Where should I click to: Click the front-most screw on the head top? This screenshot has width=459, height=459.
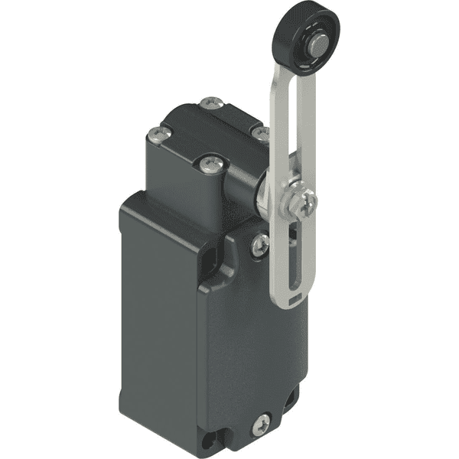point(209,164)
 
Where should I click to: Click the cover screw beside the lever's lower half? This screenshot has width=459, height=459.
point(260,244)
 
